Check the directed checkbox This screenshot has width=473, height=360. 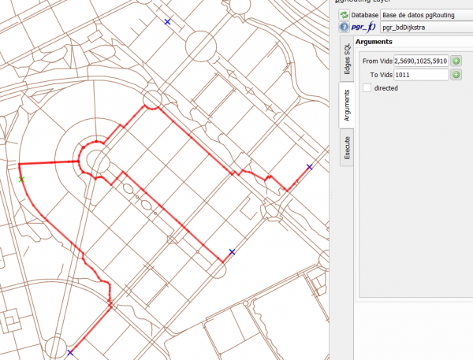click(x=367, y=88)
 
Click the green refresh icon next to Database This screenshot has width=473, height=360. click(x=345, y=14)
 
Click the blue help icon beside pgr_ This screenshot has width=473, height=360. click(x=345, y=27)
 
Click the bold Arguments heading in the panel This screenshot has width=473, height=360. click(x=374, y=42)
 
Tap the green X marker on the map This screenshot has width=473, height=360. click(x=21, y=180)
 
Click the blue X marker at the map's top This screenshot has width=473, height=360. click(x=167, y=22)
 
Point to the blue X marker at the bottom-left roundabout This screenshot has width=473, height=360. click(x=70, y=352)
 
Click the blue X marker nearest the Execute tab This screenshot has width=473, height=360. click(x=310, y=167)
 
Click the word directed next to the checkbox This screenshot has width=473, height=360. click(x=386, y=88)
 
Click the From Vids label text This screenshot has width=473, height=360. click(x=376, y=61)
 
